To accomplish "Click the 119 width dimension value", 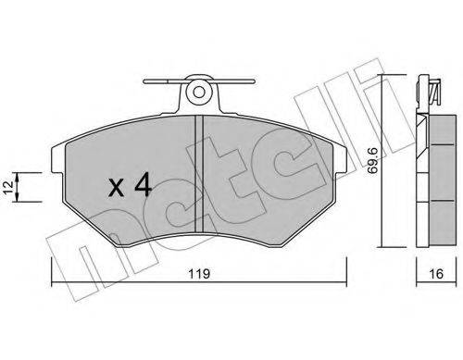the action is pyautogui.click(x=199, y=274).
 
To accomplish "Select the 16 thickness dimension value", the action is pyautogui.click(x=436, y=274).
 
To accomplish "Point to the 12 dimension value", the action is pyautogui.click(x=9, y=187).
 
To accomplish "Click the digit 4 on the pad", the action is pyautogui.click(x=143, y=184).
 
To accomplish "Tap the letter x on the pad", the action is pyautogui.click(x=117, y=188).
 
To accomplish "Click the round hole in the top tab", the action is pyautogui.click(x=199, y=92).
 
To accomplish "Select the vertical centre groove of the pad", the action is pyautogui.click(x=199, y=173).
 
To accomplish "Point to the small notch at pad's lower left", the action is pyautogui.click(x=114, y=239).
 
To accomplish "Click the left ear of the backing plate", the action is pyautogui.click(x=57, y=159).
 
